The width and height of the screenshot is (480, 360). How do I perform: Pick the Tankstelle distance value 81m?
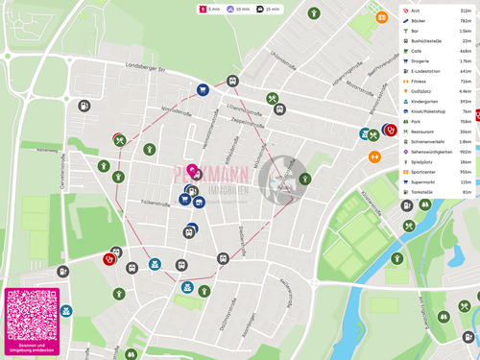pos(467,192)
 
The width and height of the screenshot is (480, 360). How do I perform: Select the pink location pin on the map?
pos(192,172)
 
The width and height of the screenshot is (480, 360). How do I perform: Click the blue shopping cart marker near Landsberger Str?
pos(203,89)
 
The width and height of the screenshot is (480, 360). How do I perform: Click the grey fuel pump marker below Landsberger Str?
pos(85,107)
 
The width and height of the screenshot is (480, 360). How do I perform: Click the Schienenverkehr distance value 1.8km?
pos(465,141)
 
